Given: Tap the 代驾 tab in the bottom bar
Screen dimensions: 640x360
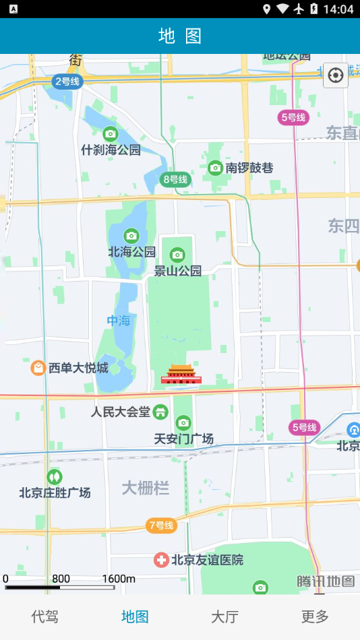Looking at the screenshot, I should coord(45,616).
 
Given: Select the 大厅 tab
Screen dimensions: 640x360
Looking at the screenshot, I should coord(224,616).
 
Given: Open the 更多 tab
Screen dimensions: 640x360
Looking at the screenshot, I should coord(315,616).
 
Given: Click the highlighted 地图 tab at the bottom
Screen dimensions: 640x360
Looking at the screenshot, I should coord(135,616).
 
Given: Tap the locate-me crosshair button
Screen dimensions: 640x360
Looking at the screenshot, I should coord(336,75).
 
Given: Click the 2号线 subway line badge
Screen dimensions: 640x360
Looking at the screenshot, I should coord(67,82).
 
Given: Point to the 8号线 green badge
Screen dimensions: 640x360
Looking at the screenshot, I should coord(175,179).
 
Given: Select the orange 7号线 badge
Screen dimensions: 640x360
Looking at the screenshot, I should coord(162,525).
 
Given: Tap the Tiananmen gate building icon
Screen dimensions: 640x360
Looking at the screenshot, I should coord(181,375).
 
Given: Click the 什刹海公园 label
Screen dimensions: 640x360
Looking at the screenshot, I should coord(111,150).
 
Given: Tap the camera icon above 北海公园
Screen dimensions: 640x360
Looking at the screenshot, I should coord(131,236).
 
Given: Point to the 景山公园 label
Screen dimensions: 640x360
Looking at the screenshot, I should coord(178,271).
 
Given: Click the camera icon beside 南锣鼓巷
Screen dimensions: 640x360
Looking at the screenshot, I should coord(215,167).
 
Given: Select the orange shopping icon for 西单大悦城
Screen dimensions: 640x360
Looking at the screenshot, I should coord(38,368).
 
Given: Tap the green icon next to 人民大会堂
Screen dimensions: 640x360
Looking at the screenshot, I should coord(160,411).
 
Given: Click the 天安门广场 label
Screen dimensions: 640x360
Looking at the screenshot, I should coord(183,439).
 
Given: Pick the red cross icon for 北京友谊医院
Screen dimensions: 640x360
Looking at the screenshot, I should coord(161,560).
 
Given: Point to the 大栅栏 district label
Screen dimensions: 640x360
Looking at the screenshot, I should coord(146,488).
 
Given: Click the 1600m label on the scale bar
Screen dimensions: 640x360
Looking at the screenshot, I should coord(119,579).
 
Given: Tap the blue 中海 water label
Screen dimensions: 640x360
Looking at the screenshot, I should coord(119,321).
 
